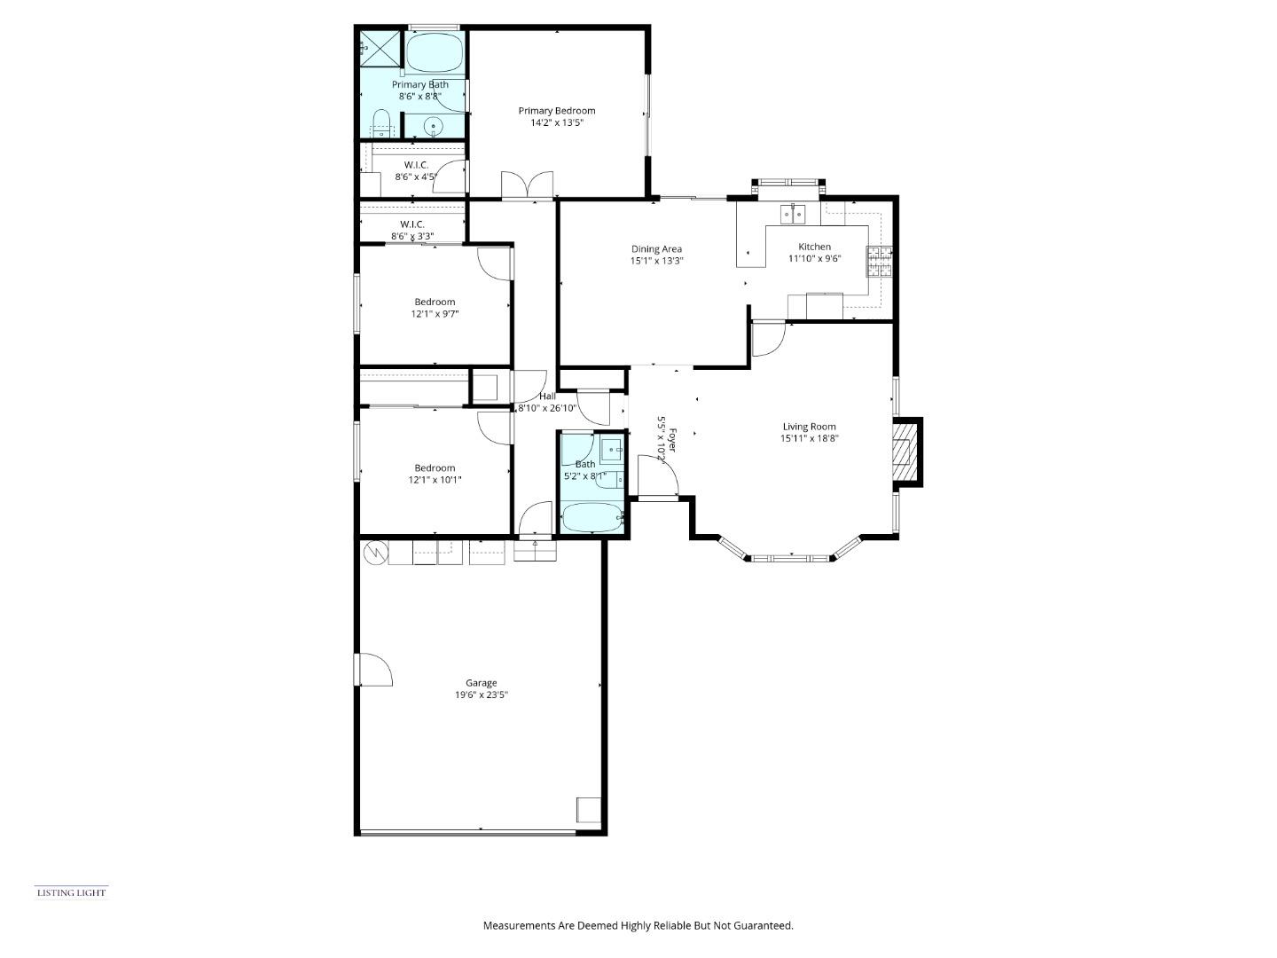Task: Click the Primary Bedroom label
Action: pos(556,111)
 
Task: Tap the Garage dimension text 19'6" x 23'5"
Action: pos(482,695)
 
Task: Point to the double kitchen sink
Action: pos(793,213)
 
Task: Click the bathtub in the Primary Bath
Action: pos(435,53)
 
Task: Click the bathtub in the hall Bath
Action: pos(591,518)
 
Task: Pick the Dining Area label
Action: pos(656,249)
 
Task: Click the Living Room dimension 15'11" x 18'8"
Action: pos(809,438)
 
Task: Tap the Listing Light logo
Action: pos(71,892)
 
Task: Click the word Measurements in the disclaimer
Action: pos(519,925)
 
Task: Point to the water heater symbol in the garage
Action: pos(375,553)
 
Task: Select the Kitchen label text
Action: pos(814,247)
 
